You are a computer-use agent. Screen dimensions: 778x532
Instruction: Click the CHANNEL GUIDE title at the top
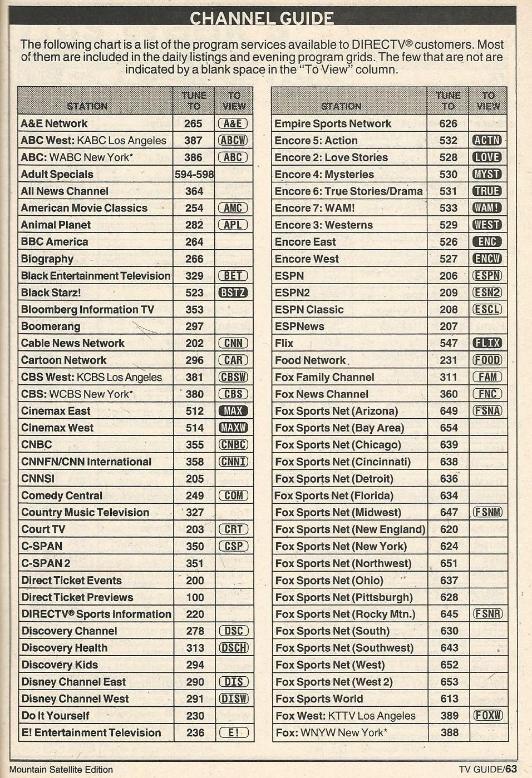pos(262,18)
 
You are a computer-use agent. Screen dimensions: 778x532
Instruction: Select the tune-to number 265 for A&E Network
pos(193,123)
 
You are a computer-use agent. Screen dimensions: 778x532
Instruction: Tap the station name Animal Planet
pos(56,225)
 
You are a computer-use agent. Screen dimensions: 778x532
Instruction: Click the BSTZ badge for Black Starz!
pos(233,293)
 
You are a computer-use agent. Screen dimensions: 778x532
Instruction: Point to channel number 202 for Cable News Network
pos(194,343)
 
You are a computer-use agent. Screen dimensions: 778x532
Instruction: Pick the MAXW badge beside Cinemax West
pos(233,428)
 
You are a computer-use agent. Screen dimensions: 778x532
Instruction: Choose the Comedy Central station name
pos(62,495)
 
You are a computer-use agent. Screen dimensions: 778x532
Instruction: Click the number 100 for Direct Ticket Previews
pos(195,597)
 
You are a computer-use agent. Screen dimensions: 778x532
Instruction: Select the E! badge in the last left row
pos(233,732)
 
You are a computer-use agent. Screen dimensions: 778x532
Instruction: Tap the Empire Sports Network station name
pos(333,123)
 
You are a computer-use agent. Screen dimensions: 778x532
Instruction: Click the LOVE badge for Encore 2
pos(487,157)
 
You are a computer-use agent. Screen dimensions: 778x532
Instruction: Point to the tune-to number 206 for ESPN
pos(448,275)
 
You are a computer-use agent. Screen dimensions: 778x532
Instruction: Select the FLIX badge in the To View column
pos(487,343)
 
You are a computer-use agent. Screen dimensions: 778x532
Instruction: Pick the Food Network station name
pos(310,360)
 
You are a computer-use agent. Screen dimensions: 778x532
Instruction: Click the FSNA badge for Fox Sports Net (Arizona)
pos(487,411)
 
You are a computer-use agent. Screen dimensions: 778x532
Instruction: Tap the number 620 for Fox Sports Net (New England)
pos(449,529)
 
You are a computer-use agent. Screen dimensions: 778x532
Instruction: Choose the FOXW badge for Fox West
pos(487,716)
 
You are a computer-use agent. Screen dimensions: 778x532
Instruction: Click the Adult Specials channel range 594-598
pos(194,174)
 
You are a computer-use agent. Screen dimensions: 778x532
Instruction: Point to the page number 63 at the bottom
pos(511,769)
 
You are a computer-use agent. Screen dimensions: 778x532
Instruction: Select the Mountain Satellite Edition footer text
pos(61,770)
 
